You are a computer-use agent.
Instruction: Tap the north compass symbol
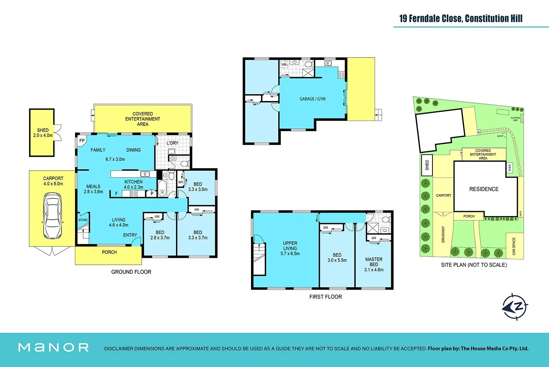click(x=515, y=306)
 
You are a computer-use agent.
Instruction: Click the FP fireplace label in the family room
click(x=82, y=141)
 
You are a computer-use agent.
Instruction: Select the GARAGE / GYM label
click(x=312, y=99)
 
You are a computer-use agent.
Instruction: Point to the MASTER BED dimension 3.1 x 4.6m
click(x=373, y=270)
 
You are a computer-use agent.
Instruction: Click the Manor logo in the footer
click(x=54, y=347)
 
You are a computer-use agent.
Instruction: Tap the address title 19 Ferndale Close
click(x=460, y=18)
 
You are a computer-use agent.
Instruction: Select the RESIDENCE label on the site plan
click(x=484, y=189)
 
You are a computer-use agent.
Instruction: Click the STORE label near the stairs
click(x=83, y=220)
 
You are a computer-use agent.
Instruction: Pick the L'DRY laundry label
click(x=173, y=143)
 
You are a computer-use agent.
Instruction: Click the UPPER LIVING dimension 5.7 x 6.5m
click(x=290, y=254)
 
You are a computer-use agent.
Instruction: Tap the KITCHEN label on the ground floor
click(x=133, y=182)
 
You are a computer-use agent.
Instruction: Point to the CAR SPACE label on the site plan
click(x=514, y=246)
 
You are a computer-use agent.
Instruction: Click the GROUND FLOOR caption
click(x=131, y=272)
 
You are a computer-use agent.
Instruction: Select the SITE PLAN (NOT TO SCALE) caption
click(x=474, y=265)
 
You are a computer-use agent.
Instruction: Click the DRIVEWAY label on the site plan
click(x=443, y=234)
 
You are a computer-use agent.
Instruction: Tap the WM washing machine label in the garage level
click(x=284, y=65)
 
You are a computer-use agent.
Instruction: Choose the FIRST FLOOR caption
click(x=325, y=297)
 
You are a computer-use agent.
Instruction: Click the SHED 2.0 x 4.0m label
click(x=43, y=133)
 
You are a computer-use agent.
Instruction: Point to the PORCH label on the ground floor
click(x=109, y=252)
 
